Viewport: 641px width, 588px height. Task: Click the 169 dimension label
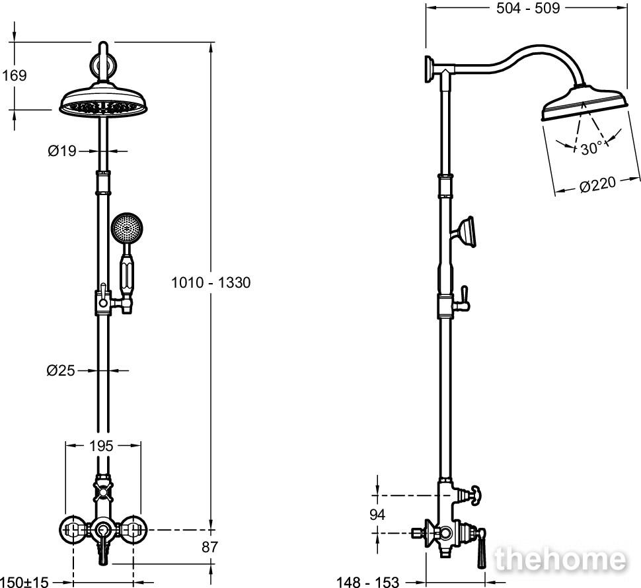[15, 75]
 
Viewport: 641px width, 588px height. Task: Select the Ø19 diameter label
[62, 151]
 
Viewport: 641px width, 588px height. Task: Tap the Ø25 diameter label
[61, 370]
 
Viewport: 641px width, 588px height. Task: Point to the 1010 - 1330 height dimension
[211, 282]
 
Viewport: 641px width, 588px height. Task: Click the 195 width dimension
[101, 446]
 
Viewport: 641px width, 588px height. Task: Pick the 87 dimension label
[209, 547]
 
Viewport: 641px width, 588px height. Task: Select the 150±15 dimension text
[24, 581]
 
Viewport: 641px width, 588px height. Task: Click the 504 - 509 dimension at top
[528, 8]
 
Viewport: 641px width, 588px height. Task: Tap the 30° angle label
[591, 147]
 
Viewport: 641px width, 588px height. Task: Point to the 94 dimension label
[377, 515]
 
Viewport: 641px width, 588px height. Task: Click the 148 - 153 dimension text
[367, 581]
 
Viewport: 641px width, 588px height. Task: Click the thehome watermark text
[560, 559]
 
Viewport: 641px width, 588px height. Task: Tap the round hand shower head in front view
[127, 229]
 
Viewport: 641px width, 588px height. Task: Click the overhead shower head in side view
[584, 103]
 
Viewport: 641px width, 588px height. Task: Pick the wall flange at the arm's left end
[430, 69]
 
